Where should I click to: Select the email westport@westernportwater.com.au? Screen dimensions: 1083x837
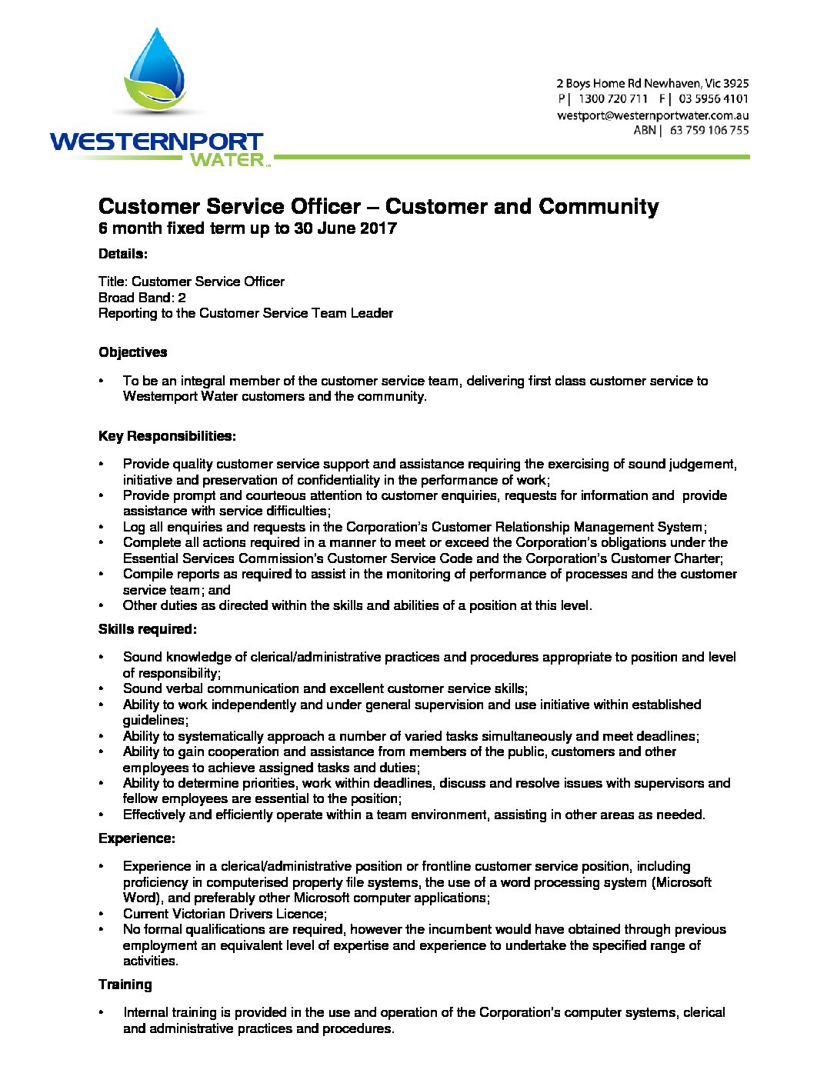[652, 115]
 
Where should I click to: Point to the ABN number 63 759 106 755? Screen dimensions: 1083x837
[709, 131]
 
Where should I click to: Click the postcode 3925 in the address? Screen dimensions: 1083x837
[735, 83]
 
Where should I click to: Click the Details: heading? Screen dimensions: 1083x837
[123, 254]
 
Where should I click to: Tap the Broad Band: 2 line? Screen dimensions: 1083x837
[142, 298]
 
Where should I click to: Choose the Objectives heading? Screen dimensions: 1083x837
[132, 352]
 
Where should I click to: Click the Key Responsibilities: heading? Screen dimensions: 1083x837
[167, 436]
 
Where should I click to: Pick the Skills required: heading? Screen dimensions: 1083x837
[148, 629]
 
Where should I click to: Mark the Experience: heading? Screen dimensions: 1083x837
[137, 838]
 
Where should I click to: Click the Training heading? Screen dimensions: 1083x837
[125, 985]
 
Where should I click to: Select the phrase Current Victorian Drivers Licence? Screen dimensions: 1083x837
[224, 914]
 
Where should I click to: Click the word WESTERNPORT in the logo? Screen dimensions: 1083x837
[156, 142]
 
